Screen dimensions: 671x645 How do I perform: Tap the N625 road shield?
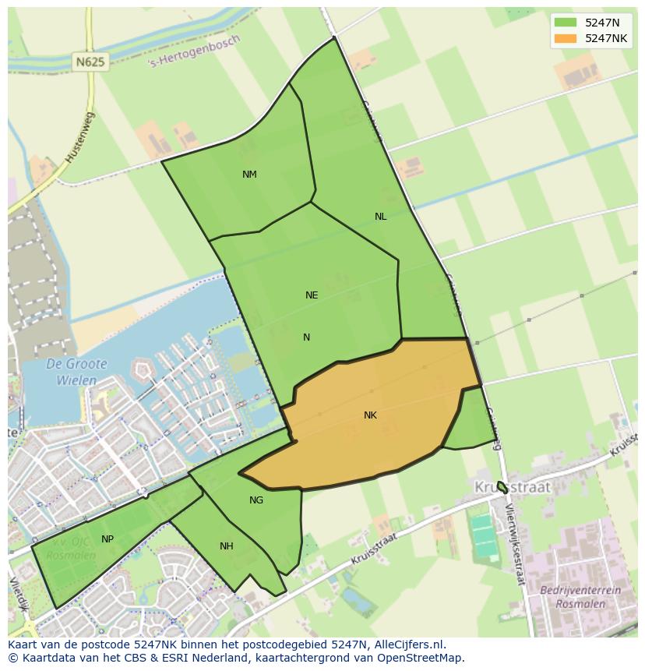click(x=91, y=61)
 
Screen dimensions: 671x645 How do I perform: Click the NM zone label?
click(x=249, y=175)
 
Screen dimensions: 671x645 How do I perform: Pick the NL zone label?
click(x=380, y=217)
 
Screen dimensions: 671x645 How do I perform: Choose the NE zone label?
click(x=312, y=295)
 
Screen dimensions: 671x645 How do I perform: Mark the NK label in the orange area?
click(x=370, y=415)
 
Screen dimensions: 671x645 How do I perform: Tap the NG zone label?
click(x=256, y=500)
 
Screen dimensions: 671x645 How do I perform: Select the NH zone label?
click(x=226, y=546)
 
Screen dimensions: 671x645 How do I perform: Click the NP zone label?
click(x=107, y=539)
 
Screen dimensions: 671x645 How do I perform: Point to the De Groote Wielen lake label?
click(x=76, y=373)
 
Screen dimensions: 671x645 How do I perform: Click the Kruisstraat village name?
click(x=512, y=487)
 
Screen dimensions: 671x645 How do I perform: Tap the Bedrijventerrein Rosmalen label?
click(x=580, y=596)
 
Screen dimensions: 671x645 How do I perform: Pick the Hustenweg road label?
click(x=79, y=137)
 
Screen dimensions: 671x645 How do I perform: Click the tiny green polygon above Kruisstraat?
click(x=502, y=487)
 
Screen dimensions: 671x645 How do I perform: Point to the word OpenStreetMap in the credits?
click(x=421, y=658)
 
